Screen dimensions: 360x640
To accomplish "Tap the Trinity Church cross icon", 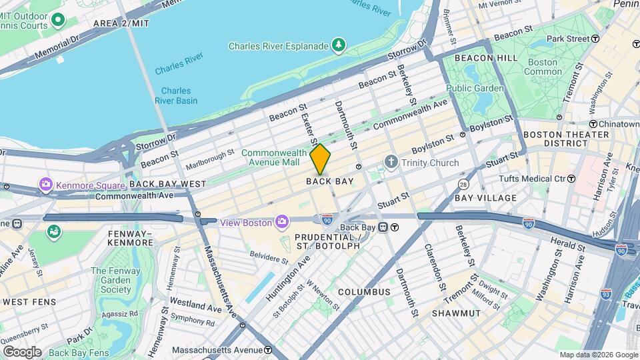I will tap(391, 162).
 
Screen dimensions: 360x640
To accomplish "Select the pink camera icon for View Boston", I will tap(283, 221).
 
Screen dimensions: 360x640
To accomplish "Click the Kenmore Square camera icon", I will tap(46, 184).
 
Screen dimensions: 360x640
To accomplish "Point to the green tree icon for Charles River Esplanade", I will tap(339, 45).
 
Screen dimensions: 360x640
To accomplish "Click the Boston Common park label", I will tap(543, 67).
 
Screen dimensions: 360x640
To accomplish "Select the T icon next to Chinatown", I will tap(593, 124).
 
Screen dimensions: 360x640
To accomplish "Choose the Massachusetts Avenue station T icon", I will tap(267, 349).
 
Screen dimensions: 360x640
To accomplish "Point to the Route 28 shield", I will tap(463, 183).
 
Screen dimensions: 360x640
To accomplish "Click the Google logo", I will tap(22, 351).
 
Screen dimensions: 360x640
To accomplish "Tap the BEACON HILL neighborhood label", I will tap(486, 58).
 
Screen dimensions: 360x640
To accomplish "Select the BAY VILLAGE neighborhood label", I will tap(485, 198).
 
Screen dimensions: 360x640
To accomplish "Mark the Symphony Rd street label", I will tap(192, 322).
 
